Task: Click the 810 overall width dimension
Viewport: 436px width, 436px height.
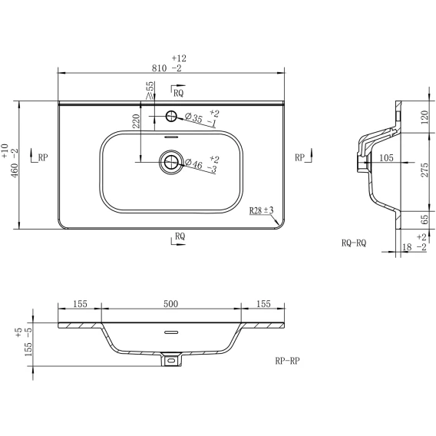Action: tap(159, 68)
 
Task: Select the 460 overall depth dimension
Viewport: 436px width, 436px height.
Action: tap(15, 170)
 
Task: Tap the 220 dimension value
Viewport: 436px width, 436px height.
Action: tap(137, 121)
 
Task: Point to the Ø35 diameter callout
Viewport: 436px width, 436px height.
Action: tap(193, 117)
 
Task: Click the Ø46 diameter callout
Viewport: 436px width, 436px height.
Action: tap(193, 163)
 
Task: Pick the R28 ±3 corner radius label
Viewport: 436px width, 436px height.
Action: tap(261, 210)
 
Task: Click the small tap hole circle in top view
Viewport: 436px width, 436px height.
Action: tap(171, 116)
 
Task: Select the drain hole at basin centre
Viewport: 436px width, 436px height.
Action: tap(171, 162)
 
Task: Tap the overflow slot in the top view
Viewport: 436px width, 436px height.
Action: tap(171, 137)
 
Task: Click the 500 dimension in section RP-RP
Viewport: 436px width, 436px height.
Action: tap(170, 304)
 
